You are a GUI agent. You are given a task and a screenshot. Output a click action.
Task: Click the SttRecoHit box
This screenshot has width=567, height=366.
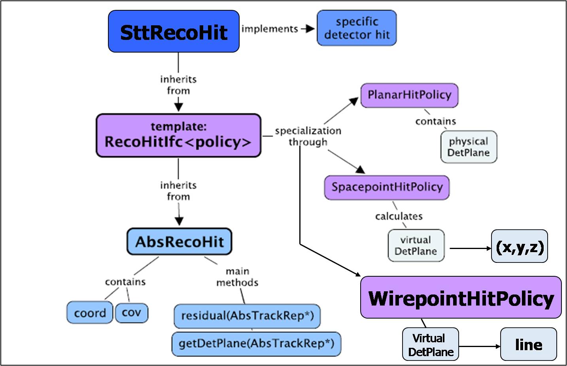coord(174,32)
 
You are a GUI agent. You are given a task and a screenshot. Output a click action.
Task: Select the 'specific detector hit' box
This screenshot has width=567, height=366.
coord(356,28)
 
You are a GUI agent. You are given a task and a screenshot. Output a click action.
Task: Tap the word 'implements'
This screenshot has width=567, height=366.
coord(270,29)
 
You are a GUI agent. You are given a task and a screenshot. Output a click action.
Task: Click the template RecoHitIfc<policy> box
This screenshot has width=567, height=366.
coord(178,135)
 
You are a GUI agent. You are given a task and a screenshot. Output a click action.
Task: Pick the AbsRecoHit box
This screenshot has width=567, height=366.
coord(179,241)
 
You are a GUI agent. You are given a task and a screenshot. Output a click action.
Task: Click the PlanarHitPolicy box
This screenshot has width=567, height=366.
coord(409,95)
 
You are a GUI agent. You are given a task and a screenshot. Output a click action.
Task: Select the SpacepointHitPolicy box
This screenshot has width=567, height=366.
coord(387,187)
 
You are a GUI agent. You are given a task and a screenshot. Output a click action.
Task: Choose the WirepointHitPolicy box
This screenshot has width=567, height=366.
coord(461,298)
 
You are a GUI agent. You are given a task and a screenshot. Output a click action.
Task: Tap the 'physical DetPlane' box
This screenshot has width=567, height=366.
coord(469,147)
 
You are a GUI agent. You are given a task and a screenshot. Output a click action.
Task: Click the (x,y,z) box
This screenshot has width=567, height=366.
coord(520,246)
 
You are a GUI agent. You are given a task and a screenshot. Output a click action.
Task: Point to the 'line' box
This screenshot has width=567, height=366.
coord(529,344)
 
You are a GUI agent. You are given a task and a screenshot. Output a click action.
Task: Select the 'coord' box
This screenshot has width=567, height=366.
coord(90,313)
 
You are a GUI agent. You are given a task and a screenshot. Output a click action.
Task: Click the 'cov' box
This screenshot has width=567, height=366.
coord(131,313)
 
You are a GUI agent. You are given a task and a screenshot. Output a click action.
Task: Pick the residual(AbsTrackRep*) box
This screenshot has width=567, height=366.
coord(247,316)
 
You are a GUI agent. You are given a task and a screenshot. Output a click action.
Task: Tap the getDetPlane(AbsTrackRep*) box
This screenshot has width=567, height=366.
coord(256,343)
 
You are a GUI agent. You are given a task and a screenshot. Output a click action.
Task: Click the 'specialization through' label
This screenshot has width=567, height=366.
coord(308,136)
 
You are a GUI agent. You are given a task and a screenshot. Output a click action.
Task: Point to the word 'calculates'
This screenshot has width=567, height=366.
coord(399,216)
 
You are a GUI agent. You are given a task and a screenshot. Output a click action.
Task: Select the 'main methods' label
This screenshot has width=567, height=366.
coord(237,277)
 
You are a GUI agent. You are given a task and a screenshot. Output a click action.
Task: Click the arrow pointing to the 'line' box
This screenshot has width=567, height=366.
coord(480,347)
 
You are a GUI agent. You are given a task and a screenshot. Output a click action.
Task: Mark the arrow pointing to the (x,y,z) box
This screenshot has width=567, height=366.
coord(470,249)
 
